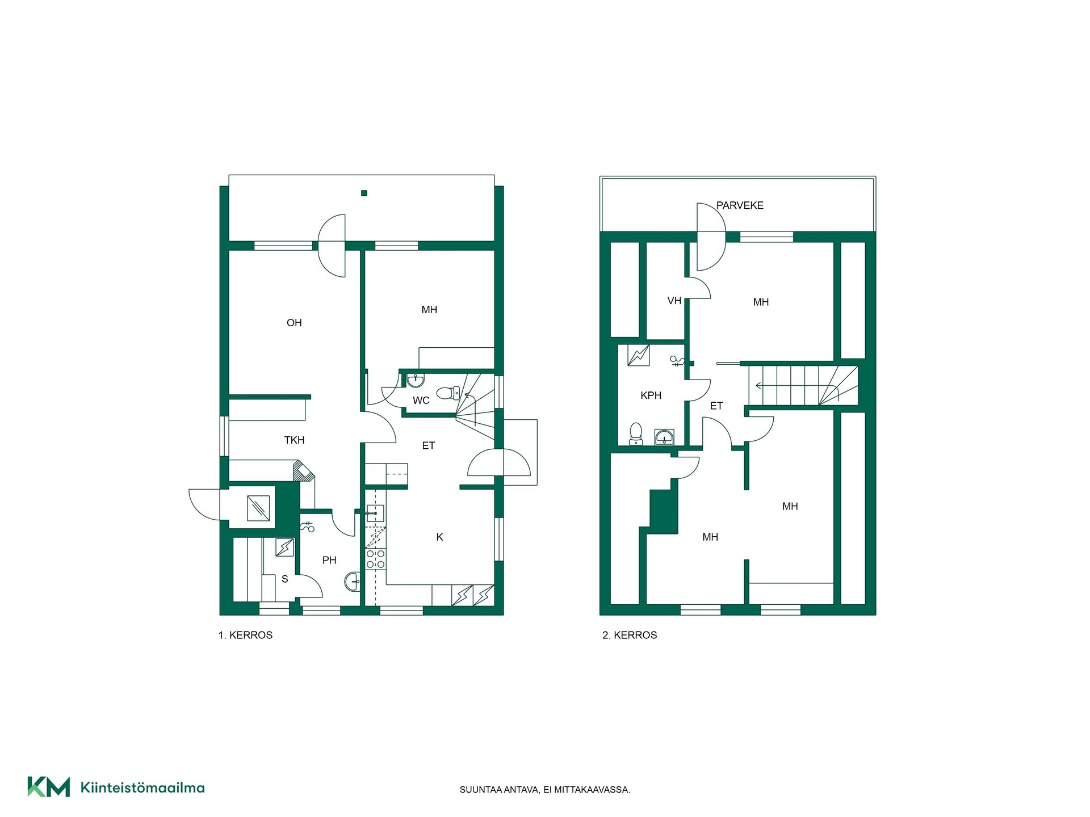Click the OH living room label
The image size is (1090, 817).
coord(294,323)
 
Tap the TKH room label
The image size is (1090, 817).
coord(294,440)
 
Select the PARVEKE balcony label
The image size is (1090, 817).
coord(740,205)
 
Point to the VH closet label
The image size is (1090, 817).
coord(674,301)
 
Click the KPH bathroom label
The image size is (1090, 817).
coord(651,395)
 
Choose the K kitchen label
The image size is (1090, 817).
coord(439,537)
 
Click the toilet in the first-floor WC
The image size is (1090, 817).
coord(448,393)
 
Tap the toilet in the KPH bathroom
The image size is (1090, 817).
coord(636,434)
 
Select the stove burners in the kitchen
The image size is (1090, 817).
coord(375,559)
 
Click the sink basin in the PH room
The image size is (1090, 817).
coord(352,582)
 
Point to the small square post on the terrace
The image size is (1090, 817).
coord(364,193)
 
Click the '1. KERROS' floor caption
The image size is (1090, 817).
coord(245,635)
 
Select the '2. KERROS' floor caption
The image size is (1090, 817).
coord(630,635)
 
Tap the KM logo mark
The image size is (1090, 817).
coord(49,787)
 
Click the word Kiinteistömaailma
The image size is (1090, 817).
coord(142,787)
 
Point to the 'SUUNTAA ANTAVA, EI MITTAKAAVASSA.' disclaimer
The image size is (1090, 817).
coord(545,790)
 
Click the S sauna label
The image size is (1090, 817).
coord(285,579)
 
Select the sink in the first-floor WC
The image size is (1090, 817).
coord(416,379)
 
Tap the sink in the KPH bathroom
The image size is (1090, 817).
coord(664,437)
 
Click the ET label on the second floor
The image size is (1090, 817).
coord(716,406)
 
